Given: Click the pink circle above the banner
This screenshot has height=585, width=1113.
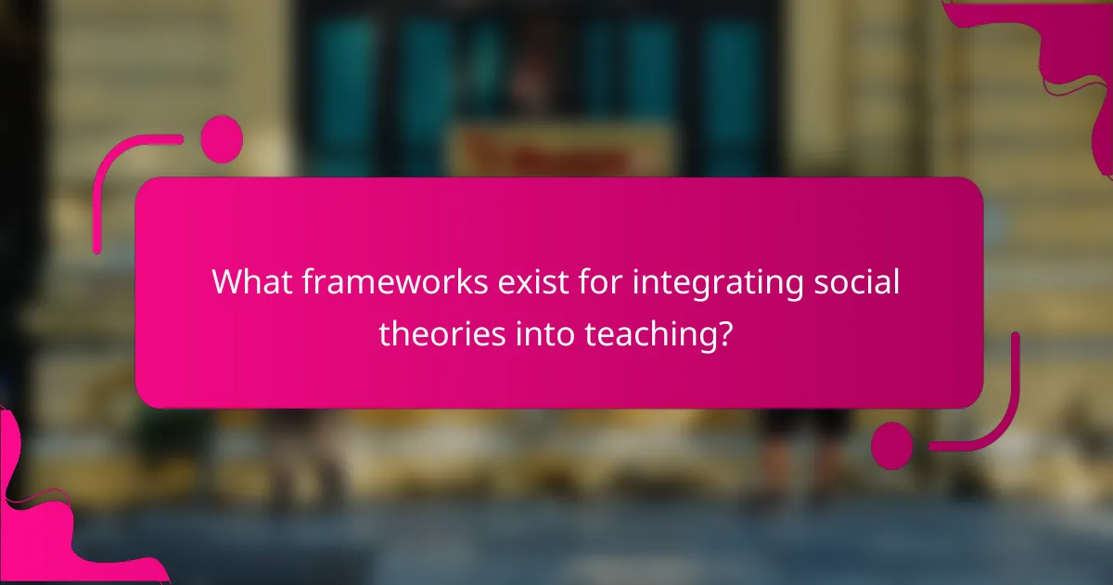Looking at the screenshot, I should tap(222, 139).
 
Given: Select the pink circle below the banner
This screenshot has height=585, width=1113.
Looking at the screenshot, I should tap(892, 445).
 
